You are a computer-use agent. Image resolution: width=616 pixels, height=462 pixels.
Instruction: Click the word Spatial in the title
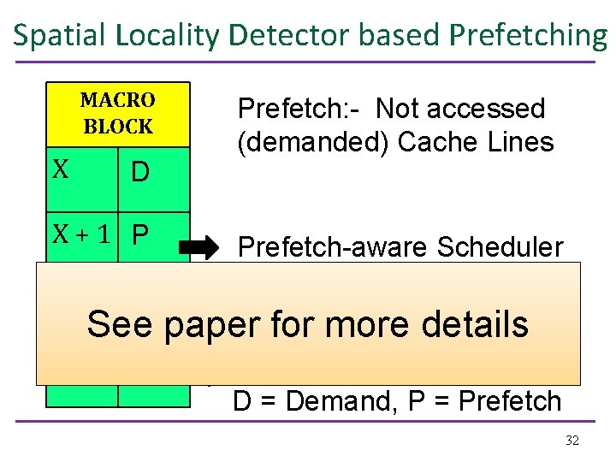[55, 35]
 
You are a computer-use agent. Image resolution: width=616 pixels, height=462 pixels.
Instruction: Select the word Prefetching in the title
[528, 35]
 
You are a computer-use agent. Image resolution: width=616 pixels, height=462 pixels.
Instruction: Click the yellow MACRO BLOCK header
[117, 114]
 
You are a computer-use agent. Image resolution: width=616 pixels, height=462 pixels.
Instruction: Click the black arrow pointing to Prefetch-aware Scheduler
[199, 249]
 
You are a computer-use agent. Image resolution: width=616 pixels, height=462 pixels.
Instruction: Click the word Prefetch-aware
[334, 247]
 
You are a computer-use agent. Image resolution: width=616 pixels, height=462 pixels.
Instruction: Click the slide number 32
[572, 441]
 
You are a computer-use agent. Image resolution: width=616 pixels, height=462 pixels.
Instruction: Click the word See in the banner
[119, 324]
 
